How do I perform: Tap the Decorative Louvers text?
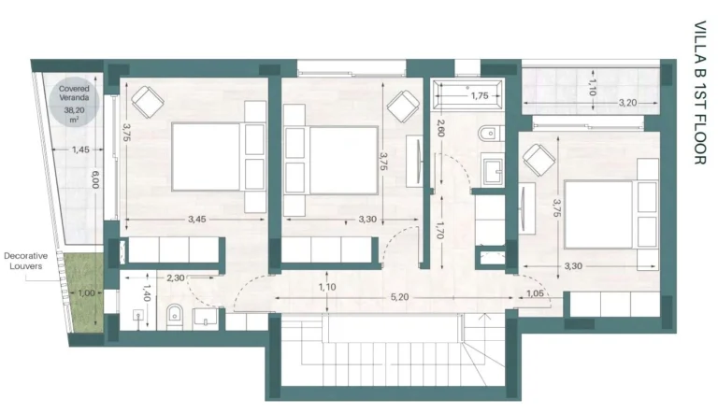[25, 259]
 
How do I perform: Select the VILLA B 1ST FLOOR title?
[699, 93]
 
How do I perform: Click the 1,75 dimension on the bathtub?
[480, 95]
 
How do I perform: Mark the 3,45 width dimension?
[196, 220]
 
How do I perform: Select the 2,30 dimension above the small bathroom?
[176, 278]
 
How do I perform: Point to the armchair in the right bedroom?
[539, 163]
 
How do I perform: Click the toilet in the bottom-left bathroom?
[173, 317]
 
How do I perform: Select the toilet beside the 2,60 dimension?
[486, 135]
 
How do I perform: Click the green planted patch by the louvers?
[85, 292]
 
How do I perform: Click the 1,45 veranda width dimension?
[80, 150]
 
